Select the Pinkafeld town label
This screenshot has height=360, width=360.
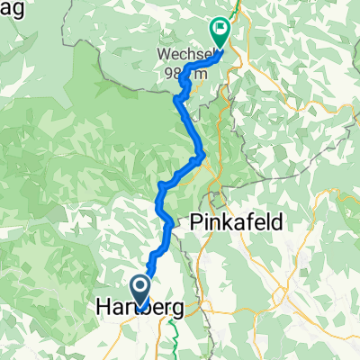[237, 220]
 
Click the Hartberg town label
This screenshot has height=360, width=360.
[139, 309]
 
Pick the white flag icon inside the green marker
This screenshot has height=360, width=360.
[219, 28]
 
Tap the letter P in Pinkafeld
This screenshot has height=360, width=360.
[196, 220]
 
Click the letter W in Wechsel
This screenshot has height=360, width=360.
[164, 52]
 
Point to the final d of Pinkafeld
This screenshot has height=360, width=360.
[277, 220]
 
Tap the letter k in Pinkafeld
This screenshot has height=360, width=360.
[224, 220]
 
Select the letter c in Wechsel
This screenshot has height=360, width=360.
[187, 53]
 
